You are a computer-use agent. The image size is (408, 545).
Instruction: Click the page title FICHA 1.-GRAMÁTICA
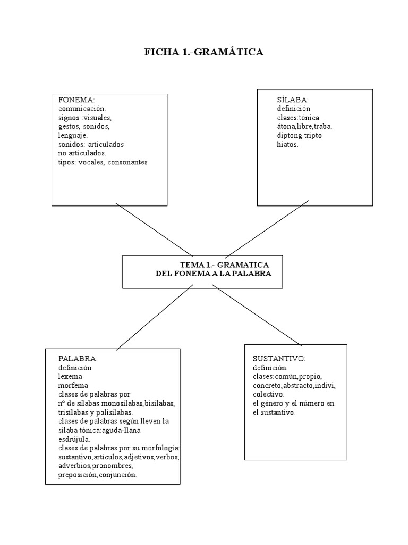(204, 52)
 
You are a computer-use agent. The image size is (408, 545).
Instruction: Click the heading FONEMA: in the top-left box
(76, 100)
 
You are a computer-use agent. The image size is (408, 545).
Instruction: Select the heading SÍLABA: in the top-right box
(293, 100)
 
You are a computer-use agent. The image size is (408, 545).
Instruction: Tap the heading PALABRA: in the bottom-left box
(78, 359)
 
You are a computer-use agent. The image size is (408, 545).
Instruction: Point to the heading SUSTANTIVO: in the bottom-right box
(279, 359)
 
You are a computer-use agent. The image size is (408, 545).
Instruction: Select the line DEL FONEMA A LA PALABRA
(214, 274)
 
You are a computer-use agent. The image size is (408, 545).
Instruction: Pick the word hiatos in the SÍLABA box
(287, 144)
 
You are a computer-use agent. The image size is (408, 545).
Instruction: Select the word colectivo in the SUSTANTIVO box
(268, 394)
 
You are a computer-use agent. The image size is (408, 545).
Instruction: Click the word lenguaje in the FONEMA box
(73, 135)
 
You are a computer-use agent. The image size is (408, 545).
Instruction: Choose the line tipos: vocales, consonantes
(103, 162)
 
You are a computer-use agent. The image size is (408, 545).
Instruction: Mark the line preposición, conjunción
(98, 475)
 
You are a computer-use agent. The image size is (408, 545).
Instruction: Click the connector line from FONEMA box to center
(154, 230)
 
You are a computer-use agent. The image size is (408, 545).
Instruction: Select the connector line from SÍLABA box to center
(267, 228)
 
